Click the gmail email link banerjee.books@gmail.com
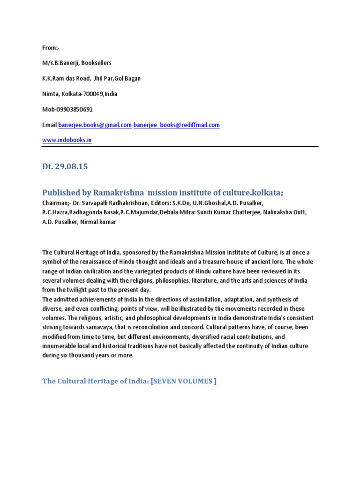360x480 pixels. [95, 125]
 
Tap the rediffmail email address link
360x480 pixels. [176, 125]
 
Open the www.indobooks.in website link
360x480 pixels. [67, 140]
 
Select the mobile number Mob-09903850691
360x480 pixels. [67, 109]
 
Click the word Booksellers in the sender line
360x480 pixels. [96, 63]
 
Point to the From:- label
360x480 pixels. [51, 47]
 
